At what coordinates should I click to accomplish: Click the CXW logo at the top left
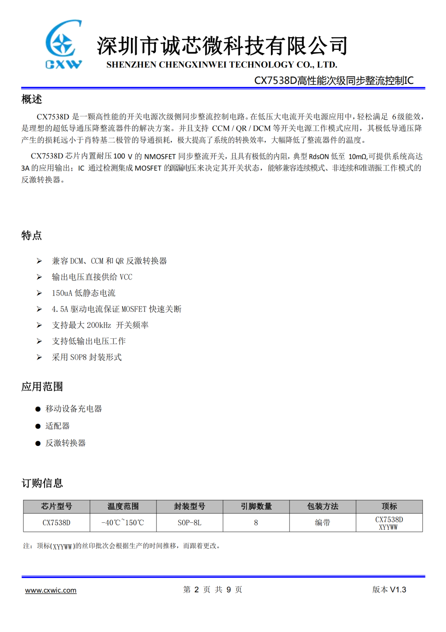tap(63, 44)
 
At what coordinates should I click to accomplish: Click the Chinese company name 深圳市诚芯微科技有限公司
tap(222, 45)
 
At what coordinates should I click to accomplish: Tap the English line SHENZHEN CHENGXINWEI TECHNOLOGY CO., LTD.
tap(222, 65)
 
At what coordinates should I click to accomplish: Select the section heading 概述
tap(32, 99)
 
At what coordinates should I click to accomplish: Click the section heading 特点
tap(32, 236)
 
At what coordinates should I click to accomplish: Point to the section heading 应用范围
tap(42, 387)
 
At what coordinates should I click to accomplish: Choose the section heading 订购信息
tap(42, 483)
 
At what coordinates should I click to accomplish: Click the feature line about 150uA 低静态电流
tap(83, 293)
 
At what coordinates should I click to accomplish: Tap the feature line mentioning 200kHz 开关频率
tap(100, 325)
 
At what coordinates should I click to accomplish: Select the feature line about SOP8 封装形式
tap(87, 357)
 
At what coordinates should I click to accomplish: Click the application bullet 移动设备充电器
tap(74, 409)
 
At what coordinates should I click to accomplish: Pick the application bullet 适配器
tap(57, 426)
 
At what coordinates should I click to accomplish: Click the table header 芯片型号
tap(57, 506)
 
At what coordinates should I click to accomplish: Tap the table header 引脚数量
tap(256, 506)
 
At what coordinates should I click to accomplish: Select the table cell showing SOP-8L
tap(190, 523)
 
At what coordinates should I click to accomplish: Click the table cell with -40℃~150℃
tap(123, 523)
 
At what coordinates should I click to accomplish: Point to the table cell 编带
tap(323, 523)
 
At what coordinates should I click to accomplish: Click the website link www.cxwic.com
tap(51, 590)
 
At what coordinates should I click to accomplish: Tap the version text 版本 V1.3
tap(389, 590)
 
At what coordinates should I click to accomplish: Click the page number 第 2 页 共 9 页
tap(213, 590)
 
